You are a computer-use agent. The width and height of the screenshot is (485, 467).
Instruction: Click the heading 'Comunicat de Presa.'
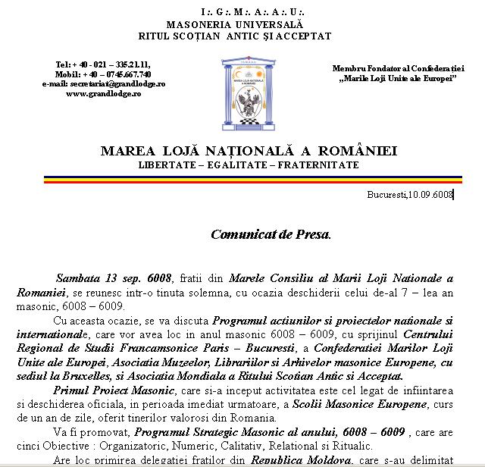[x=271, y=234]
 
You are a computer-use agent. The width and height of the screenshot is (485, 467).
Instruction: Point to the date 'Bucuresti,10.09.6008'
[x=410, y=195]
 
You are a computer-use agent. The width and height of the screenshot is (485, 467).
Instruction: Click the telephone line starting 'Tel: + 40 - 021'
[x=104, y=64]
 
